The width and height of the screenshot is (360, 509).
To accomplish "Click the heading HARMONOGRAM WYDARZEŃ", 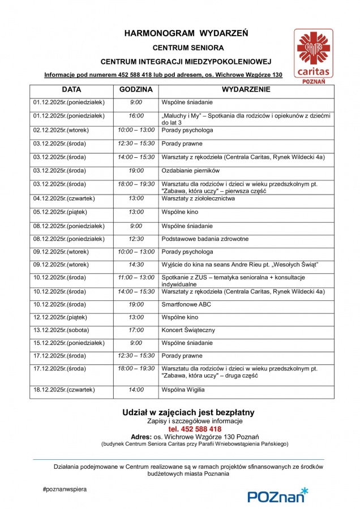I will click(x=186, y=34).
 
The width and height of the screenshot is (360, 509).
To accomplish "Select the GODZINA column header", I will click(x=136, y=90).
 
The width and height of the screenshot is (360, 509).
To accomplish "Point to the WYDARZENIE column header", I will click(x=246, y=90).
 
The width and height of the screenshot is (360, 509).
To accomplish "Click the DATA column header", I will click(x=71, y=90).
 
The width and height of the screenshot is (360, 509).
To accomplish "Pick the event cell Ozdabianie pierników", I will click(x=190, y=170).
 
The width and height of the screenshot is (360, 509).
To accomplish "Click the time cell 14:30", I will click(x=136, y=264).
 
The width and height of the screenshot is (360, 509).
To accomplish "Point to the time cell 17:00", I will click(x=136, y=330).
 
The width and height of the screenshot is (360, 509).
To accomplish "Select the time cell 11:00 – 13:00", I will click(x=136, y=278).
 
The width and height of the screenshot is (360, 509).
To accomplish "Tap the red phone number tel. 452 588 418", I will click(x=187, y=429).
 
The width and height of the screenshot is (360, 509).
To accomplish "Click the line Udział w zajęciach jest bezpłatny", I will click(x=188, y=412).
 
